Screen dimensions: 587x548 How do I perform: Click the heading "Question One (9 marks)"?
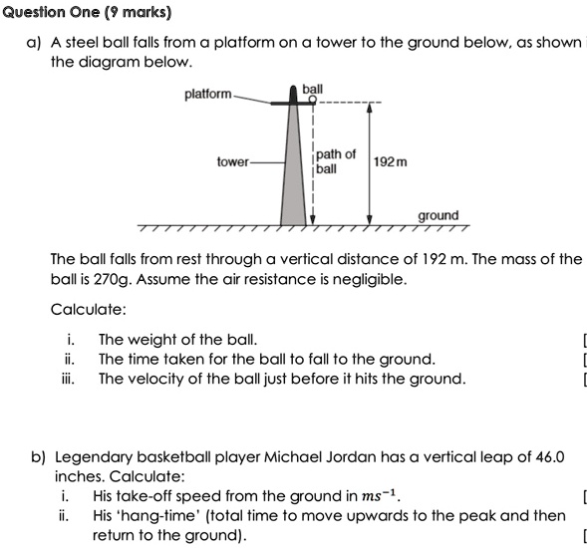coord(87,13)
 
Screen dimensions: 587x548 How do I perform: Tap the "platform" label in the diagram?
coord(208,95)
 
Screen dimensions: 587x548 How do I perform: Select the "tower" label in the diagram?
coord(232,160)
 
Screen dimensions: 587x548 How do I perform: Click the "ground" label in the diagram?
coord(439,215)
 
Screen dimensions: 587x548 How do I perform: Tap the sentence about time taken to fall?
coord(266,359)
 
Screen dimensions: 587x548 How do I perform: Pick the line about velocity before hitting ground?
coord(281,379)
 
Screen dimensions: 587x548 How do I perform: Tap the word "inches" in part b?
coord(73,475)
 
